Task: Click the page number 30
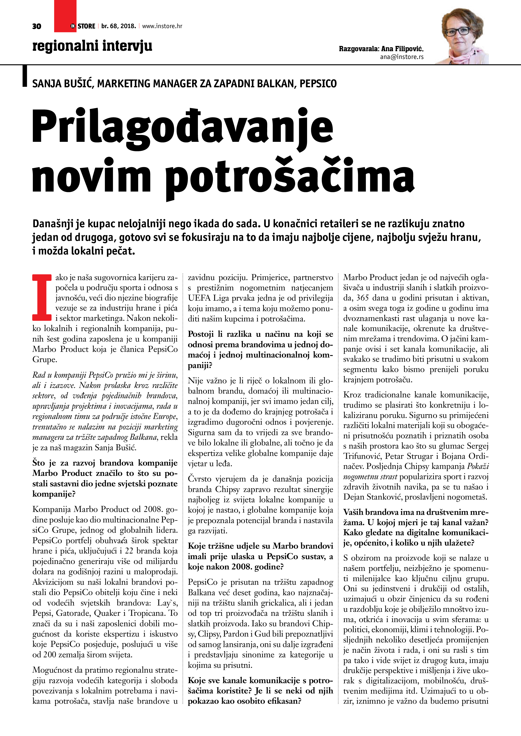[37, 26]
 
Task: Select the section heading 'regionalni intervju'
[92, 46]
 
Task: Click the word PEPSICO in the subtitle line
[318, 84]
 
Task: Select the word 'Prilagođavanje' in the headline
[183, 127]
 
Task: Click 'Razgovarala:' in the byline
[359, 49]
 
